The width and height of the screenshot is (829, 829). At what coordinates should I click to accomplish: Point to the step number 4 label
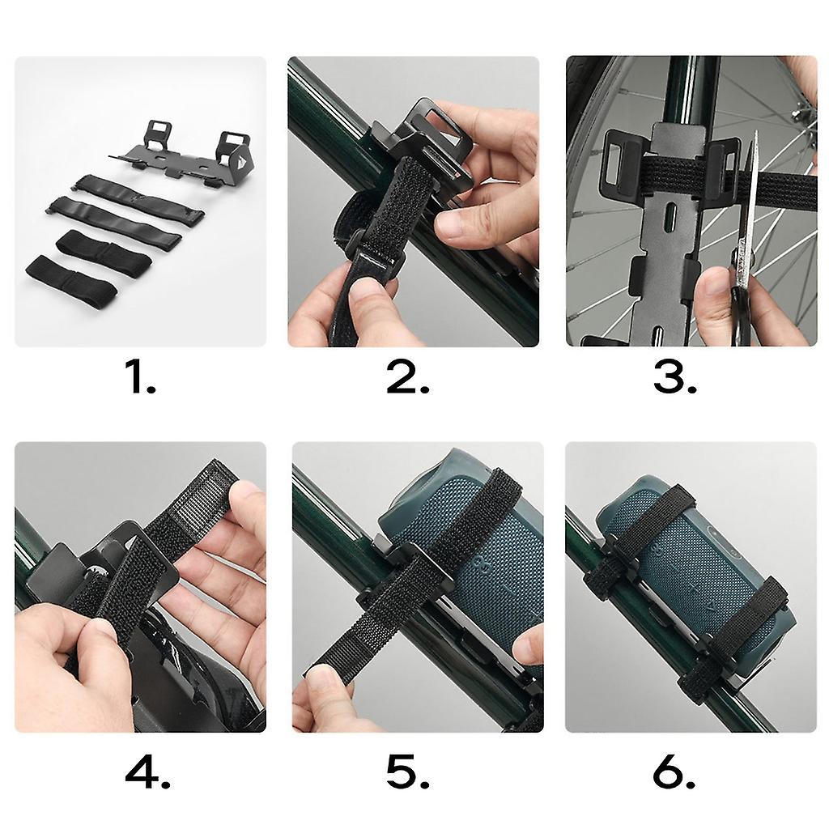147,774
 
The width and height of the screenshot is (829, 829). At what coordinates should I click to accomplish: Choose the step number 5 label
407,774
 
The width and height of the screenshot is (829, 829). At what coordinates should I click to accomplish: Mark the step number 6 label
674,774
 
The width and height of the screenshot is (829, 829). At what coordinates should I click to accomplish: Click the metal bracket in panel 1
180,155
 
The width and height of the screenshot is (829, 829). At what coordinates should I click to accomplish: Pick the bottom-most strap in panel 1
71,277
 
